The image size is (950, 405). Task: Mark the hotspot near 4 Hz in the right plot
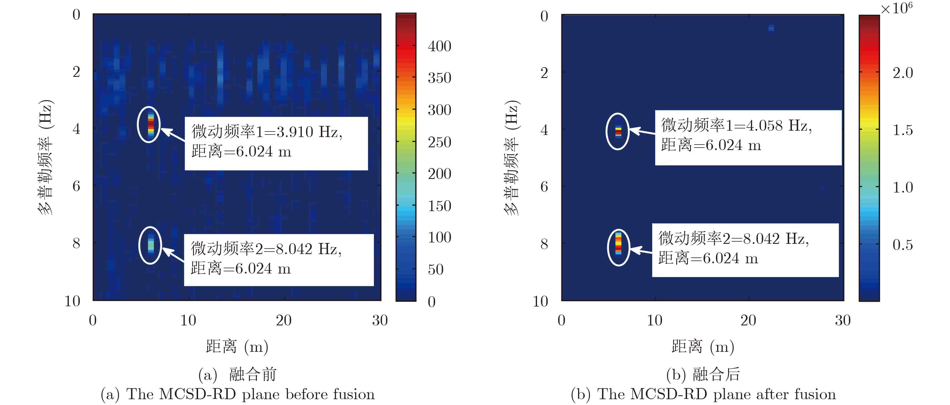click(x=618, y=131)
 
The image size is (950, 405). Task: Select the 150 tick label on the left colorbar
click(x=439, y=206)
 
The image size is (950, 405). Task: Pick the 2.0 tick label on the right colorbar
click(x=902, y=73)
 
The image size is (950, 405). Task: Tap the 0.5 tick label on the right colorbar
click(x=902, y=245)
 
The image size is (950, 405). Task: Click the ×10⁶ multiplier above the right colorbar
click(x=896, y=8)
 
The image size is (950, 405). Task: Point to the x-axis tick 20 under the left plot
click(x=283, y=320)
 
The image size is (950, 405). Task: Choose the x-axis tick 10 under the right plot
click(x=655, y=320)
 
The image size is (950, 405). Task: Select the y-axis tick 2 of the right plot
click(x=544, y=73)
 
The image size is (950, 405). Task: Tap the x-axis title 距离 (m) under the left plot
click(x=237, y=347)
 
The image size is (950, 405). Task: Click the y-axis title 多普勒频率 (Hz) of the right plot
click(x=512, y=158)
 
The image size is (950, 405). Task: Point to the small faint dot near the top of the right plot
click(x=771, y=28)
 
